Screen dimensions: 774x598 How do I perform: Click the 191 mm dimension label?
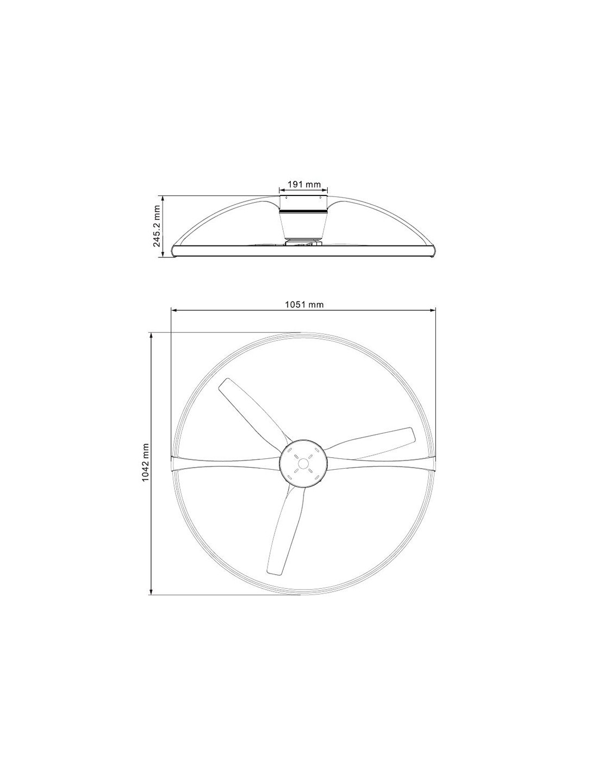tap(304, 185)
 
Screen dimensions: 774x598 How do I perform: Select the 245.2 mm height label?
tap(157, 226)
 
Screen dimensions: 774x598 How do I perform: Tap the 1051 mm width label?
tap(304, 304)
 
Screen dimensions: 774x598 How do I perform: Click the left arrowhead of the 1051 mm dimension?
tap(174, 310)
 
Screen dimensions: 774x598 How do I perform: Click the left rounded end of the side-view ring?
tap(175, 251)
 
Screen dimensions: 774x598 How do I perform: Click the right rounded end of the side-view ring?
tap(433, 251)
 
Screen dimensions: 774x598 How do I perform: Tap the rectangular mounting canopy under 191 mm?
tap(303, 201)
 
